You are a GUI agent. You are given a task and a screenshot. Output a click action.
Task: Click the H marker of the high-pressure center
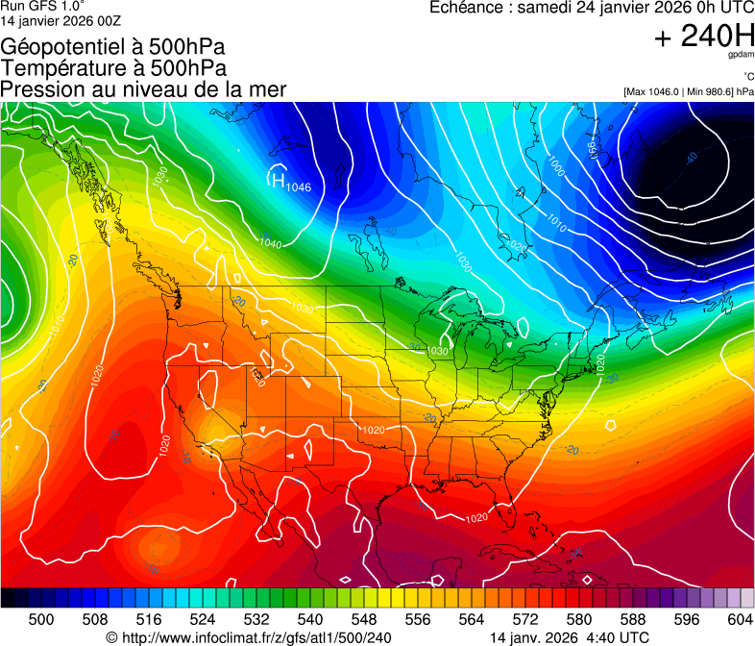tap(277, 179)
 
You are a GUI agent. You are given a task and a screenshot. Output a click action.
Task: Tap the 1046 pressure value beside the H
tap(299, 187)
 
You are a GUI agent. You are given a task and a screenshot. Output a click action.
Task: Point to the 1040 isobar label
tap(271, 244)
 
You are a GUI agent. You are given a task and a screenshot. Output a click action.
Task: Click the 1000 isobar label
tap(554, 166)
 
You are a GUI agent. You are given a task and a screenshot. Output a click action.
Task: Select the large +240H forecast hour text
tap(703, 37)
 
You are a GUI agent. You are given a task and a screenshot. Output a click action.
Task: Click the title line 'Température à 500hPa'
tap(113, 68)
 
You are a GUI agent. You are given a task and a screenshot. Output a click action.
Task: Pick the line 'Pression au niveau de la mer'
tap(143, 89)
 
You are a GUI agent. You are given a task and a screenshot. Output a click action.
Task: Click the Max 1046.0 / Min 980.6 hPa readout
tap(689, 92)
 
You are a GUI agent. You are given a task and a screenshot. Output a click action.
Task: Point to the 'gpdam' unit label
tap(741, 57)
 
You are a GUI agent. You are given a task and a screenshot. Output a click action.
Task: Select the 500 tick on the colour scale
tap(41, 618)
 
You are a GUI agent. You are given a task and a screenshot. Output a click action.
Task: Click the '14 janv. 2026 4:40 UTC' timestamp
tap(570, 636)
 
